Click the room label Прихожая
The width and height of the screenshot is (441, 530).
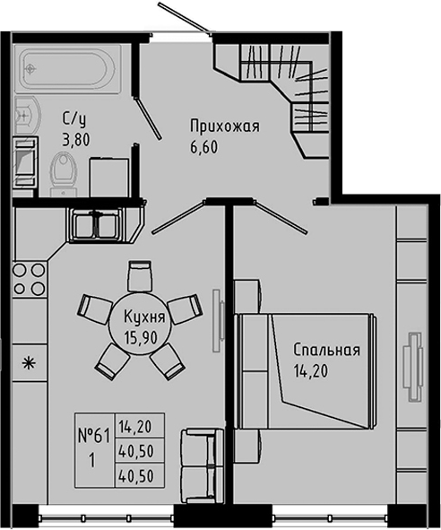click(222, 126)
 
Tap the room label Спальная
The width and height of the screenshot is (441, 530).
click(325, 350)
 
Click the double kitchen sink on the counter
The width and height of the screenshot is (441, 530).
click(93, 222)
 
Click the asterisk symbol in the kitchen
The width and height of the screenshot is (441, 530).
click(28, 363)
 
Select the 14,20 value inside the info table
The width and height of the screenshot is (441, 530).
click(134, 427)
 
